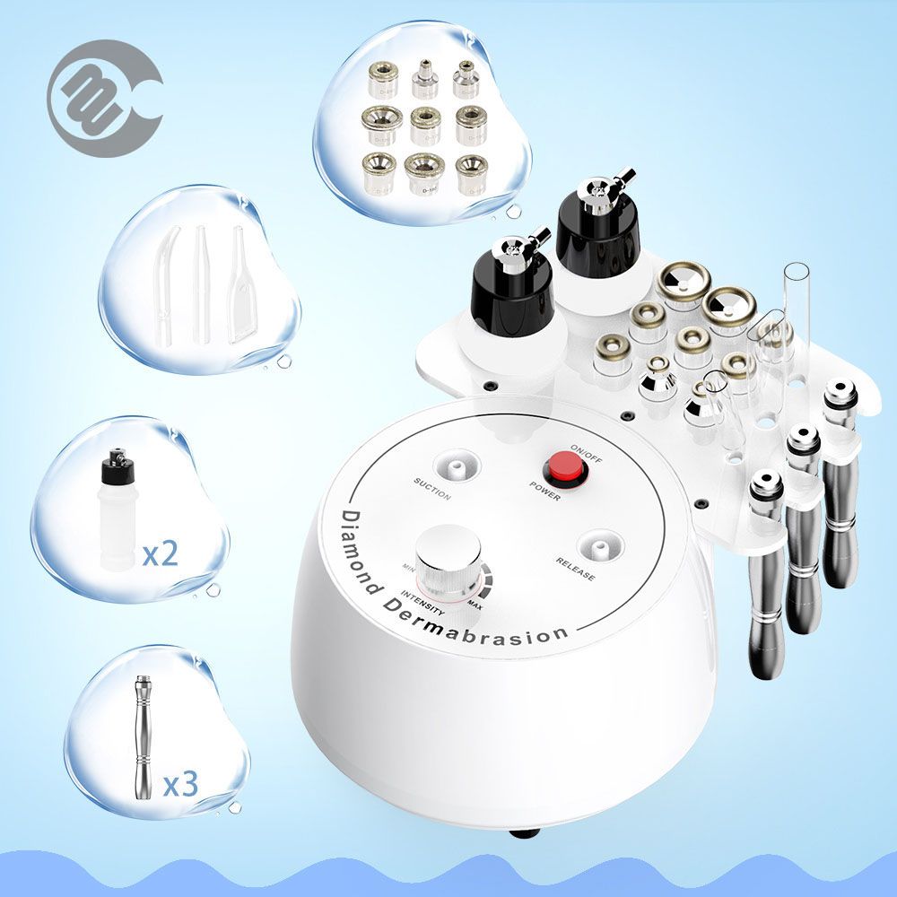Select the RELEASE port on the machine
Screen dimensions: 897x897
598,547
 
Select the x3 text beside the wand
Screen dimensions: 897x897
179,785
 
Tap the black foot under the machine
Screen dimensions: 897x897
524,832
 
